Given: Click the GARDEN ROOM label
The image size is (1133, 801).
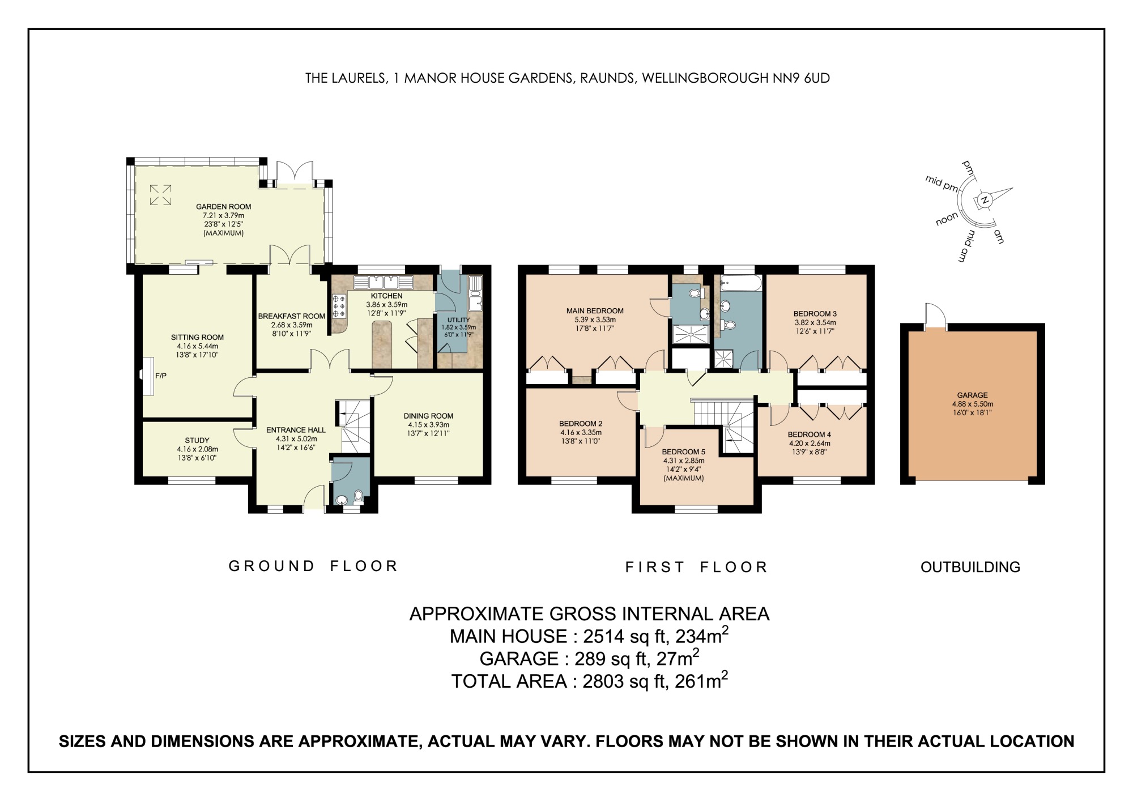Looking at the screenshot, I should coord(223,207).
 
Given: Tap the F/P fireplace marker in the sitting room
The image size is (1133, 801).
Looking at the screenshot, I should coord(160,376).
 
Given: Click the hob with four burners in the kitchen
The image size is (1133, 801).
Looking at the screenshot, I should coord(339,306).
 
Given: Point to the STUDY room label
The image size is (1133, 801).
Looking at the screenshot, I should coord(197,440).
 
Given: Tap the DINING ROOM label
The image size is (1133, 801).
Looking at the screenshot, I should coord(428,416).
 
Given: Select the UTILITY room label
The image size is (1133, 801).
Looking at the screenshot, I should coord(458,319).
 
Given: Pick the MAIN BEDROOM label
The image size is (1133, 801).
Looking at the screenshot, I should coord(595,310).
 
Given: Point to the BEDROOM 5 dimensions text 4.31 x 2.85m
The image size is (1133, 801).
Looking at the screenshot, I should coord(683,461).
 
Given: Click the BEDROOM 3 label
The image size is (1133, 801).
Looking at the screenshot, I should coord(815,313).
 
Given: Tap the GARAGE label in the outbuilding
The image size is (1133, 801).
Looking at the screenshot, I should coord(972,395).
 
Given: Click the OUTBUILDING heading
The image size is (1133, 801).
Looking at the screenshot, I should coord(970,567).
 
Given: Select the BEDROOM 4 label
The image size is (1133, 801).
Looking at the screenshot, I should coord(809,434).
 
